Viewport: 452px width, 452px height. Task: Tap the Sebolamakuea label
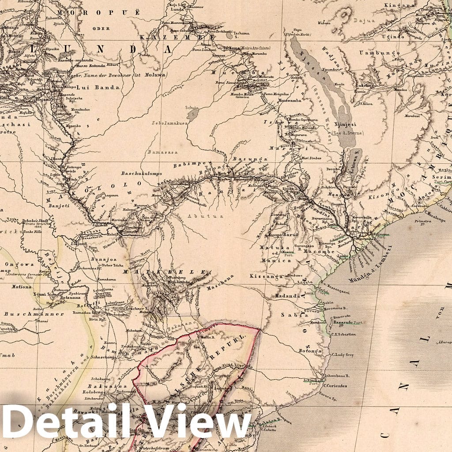170,123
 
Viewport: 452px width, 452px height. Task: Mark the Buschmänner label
34,314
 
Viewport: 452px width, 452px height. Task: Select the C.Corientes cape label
335,385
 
